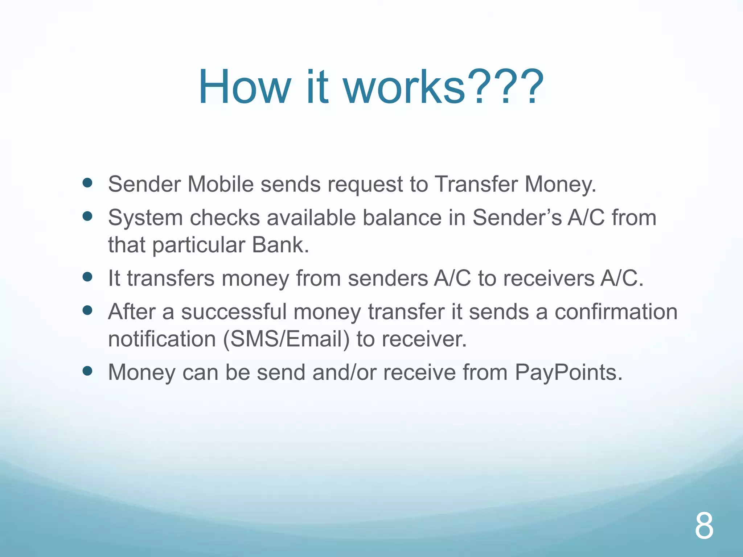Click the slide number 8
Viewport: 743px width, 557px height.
[704, 526]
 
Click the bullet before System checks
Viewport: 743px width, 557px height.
[87, 216]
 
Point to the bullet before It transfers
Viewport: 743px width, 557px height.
[87, 277]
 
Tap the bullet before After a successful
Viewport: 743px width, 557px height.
[87, 310]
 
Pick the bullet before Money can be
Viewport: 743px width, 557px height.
[87, 371]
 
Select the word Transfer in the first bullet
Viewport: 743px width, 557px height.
[476, 184]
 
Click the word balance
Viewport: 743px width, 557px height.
[402, 218]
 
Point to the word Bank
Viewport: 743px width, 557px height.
[280, 245]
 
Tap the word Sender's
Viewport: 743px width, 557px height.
[517, 218]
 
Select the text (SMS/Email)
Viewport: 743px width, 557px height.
[286, 339]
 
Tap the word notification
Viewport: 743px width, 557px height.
[162, 339]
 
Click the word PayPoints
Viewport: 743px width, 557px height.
[568, 372]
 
